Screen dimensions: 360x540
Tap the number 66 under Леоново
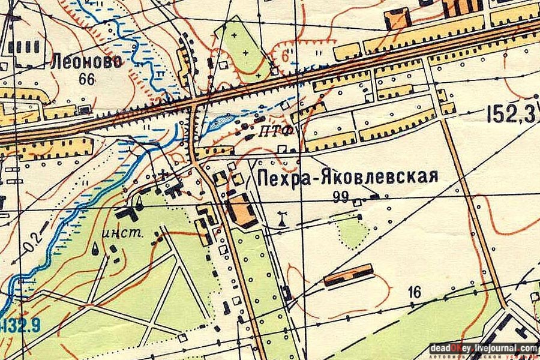87,78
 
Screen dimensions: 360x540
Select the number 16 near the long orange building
413,292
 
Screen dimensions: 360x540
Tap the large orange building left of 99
242,211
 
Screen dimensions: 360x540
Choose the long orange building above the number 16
349,275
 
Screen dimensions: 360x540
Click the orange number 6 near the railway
285,54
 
